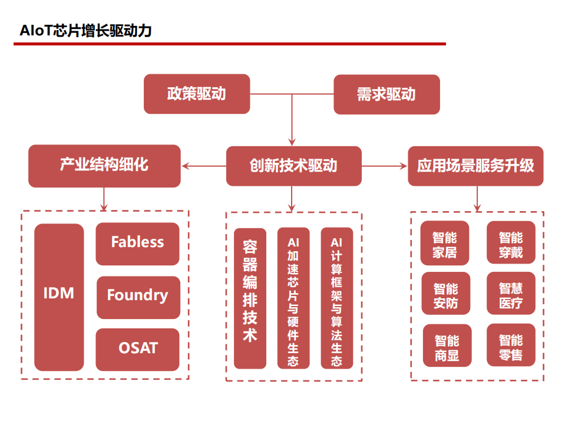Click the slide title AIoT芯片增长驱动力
86,31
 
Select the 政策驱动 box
197,94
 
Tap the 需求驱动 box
386,94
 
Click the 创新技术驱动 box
293,166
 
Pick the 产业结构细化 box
104,166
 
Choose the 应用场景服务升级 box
475,166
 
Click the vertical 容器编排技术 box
250,298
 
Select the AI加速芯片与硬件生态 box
293,298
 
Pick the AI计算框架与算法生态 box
336,298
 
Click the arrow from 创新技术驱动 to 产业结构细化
204,166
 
